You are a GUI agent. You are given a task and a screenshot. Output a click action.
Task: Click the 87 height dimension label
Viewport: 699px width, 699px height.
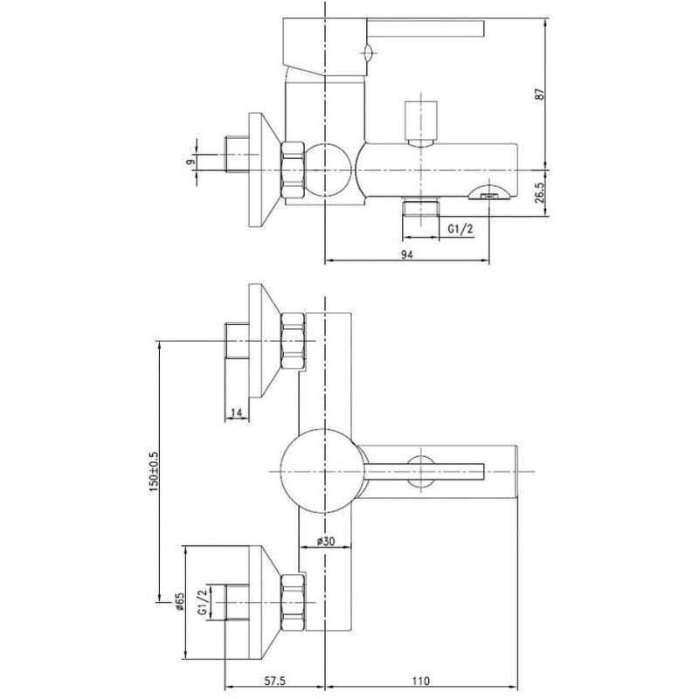point(540,94)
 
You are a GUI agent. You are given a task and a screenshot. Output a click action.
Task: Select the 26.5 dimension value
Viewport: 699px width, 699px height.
point(540,192)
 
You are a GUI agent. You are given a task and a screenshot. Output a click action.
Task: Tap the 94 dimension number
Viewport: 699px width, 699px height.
point(406,254)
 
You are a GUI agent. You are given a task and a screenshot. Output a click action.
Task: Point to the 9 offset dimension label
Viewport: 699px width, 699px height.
point(191,162)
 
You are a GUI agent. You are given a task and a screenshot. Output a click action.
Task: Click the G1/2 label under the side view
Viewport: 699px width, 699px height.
point(460,229)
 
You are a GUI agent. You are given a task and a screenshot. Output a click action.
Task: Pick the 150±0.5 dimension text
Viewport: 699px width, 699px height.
point(154,472)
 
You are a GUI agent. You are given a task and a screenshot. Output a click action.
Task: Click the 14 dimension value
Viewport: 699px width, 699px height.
point(236,413)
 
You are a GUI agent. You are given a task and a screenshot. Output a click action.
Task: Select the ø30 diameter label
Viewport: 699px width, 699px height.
point(326,541)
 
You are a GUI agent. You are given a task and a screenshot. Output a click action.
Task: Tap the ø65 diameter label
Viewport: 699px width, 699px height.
point(179,601)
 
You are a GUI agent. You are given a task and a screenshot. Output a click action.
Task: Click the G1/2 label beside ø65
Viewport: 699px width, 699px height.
point(202,603)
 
